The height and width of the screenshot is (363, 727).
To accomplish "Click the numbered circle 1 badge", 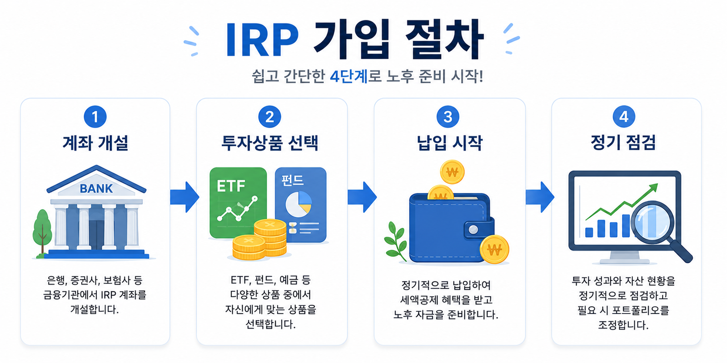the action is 95,117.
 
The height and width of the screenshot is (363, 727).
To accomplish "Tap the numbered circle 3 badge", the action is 448,117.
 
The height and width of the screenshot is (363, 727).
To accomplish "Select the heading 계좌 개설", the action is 95,143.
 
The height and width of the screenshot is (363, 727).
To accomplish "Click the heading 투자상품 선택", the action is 270,143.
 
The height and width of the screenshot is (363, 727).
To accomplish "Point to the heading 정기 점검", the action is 623,142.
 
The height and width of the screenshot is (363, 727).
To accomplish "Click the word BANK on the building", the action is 96,188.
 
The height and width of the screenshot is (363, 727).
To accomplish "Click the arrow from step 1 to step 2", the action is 184,197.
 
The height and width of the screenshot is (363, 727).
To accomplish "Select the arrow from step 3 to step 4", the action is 540,197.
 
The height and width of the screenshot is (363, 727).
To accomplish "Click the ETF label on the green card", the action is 231,186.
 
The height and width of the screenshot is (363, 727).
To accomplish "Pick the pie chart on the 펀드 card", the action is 298,204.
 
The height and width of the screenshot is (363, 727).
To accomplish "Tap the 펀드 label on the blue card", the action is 293,181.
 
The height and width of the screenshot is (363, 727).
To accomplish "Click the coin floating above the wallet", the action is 452,172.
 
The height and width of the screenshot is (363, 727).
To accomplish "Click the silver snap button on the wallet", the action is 473,230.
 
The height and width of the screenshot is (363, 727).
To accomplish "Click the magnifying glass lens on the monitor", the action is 652,222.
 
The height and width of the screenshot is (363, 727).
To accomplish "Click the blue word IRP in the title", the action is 262,40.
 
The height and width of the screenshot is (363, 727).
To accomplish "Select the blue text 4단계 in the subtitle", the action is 349,77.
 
